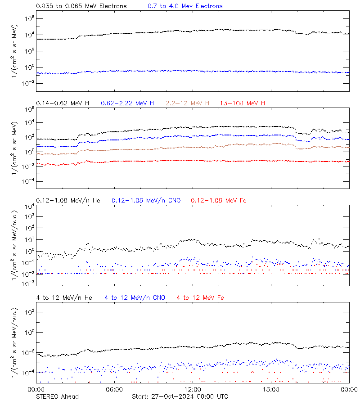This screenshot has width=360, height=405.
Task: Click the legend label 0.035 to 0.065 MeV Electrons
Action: coord(81,6)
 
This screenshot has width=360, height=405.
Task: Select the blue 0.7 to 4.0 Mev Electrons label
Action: coord(185,6)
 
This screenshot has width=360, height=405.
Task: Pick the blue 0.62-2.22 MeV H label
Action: coord(127,103)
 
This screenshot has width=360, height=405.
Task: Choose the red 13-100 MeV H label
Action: coord(243,103)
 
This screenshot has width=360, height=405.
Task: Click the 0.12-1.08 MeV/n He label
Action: coord(70,200)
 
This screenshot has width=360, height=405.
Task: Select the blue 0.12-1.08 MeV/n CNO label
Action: coord(146,200)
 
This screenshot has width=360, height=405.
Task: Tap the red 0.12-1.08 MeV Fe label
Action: coord(219,200)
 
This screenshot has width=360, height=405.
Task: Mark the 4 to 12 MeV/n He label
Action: coord(64,297)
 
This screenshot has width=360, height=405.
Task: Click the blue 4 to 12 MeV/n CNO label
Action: coord(135,297)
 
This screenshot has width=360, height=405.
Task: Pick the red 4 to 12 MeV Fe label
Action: coord(200,297)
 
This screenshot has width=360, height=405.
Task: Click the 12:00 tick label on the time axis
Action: coord(193,389)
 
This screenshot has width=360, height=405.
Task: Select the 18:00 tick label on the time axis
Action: coord(271,389)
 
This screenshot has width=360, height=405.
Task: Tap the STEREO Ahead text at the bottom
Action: coord(57,396)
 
